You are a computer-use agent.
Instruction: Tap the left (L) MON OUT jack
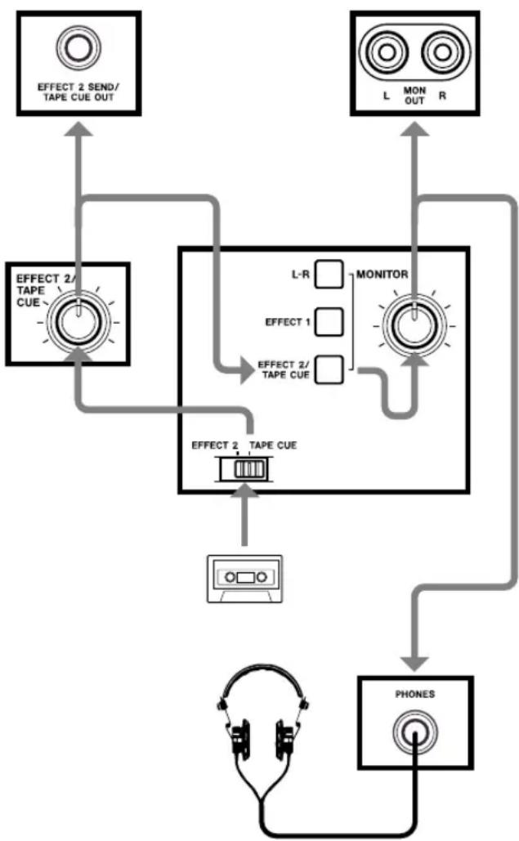click(386, 52)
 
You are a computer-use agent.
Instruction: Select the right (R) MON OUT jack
click(442, 52)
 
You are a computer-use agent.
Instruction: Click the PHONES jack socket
click(414, 732)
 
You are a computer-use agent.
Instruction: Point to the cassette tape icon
click(245, 579)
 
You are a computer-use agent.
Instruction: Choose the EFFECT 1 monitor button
click(329, 322)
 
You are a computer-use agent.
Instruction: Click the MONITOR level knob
click(414, 325)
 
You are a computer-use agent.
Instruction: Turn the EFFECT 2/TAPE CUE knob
click(78, 322)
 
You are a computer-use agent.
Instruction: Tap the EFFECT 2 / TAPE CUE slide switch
click(244, 469)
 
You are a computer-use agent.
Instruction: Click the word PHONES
click(415, 694)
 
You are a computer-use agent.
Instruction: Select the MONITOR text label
click(383, 274)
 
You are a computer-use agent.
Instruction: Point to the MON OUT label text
click(414, 96)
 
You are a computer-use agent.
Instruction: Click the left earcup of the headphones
click(241, 740)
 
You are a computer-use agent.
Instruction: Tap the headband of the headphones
click(262, 668)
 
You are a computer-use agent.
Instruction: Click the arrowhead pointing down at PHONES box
click(414, 664)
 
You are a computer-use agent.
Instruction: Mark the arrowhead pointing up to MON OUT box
click(414, 129)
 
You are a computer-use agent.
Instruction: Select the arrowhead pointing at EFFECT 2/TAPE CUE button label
click(247, 370)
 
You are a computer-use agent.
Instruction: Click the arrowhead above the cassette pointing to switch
click(244, 490)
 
